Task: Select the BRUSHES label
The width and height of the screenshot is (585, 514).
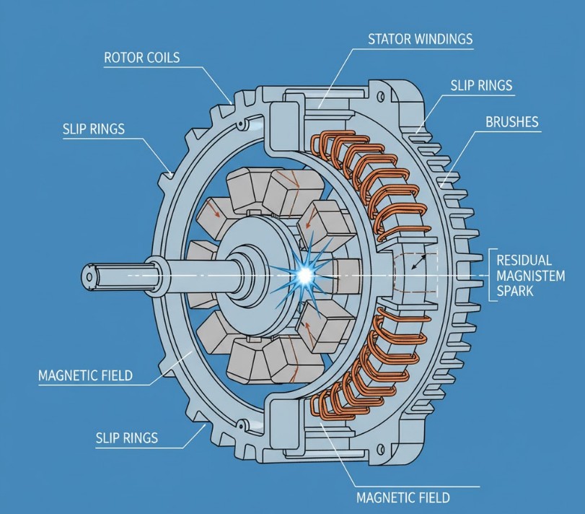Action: point(512,121)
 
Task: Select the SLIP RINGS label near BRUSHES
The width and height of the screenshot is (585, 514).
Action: point(481,85)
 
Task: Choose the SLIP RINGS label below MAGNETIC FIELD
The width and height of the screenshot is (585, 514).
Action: point(126,437)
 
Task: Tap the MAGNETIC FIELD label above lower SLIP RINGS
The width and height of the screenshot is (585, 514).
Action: point(87,375)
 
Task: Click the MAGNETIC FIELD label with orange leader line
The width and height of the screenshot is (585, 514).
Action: point(403,497)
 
